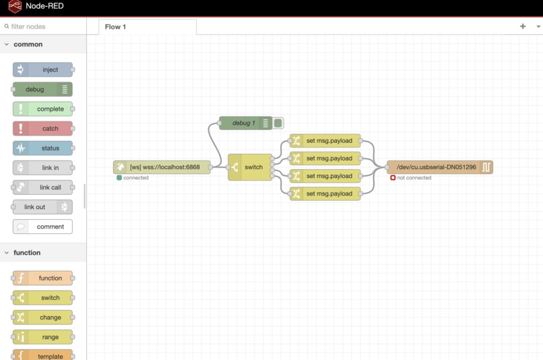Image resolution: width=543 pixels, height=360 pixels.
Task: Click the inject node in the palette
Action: [x=43, y=69]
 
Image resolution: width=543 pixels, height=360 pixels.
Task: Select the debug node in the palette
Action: [x=42, y=89]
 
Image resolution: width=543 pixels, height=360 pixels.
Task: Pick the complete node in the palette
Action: [x=43, y=109]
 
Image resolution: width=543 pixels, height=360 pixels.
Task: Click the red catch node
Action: [x=43, y=128]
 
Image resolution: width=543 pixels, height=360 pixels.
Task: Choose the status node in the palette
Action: [x=43, y=148]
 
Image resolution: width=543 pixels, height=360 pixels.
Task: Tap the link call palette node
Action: [x=43, y=187]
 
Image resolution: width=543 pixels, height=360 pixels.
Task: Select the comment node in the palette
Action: [x=43, y=227]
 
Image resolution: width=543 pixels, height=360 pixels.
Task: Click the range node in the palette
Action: [x=43, y=336]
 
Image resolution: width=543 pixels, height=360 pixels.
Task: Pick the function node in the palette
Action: [x=43, y=278]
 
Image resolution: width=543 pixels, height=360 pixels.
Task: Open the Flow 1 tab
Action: [x=115, y=27]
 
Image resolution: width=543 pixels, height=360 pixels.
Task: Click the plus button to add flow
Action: [x=523, y=26]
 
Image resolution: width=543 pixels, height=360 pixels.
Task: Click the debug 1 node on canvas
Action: [x=244, y=123]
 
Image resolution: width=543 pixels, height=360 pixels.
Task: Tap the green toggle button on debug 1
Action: [x=278, y=123]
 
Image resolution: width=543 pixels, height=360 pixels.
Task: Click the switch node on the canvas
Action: [x=250, y=167]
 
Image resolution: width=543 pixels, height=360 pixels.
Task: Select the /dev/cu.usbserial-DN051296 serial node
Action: [x=439, y=167]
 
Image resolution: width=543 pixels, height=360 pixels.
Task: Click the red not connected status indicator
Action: [x=393, y=178]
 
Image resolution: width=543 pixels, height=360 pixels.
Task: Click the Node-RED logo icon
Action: [x=15, y=7]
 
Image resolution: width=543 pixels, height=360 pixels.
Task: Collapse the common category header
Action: [x=28, y=44]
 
